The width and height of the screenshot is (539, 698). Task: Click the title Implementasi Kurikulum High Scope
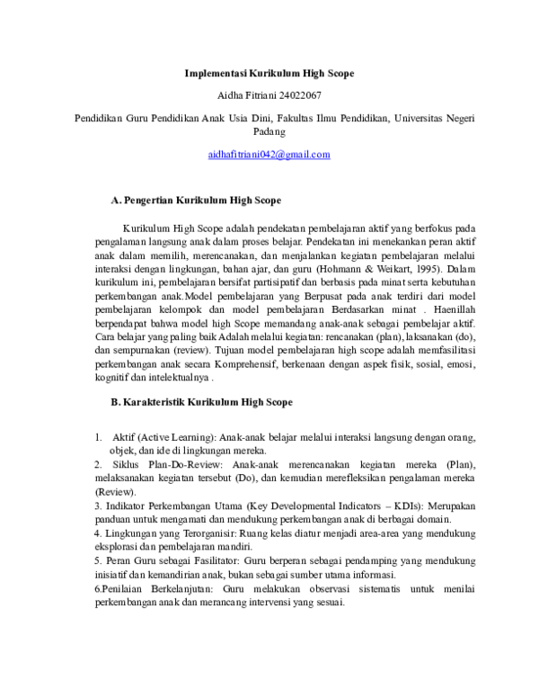coord(269,72)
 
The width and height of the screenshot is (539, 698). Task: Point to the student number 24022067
coord(300,94)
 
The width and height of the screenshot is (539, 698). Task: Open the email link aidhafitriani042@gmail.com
coord(269,154)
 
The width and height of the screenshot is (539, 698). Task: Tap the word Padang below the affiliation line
coord(269,131)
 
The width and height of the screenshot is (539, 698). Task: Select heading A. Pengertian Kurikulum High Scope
coord(195,199)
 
